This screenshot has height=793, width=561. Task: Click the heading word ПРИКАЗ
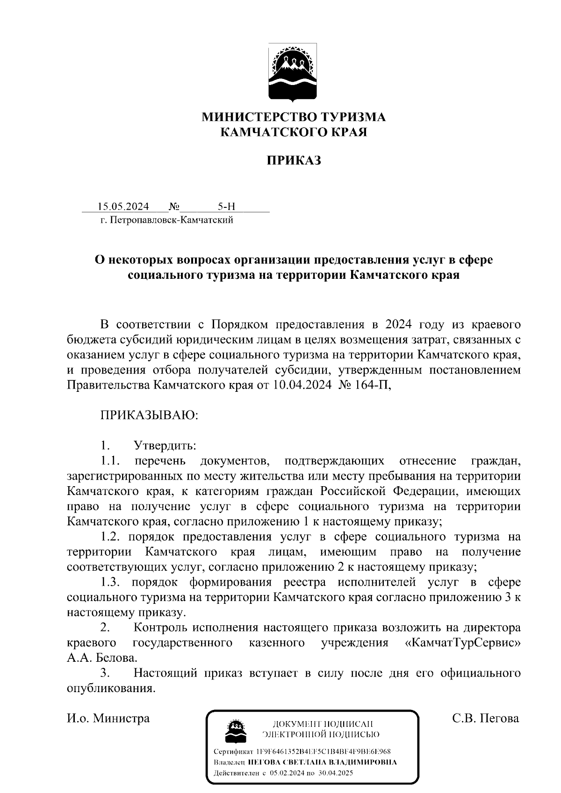point(294,161)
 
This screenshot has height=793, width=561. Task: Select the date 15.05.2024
point(123,206)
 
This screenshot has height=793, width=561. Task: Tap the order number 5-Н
point(226,206)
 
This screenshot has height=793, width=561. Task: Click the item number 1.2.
point(111,537)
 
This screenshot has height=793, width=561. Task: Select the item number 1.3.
point(111,582)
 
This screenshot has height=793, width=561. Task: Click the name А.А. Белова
point(102,658)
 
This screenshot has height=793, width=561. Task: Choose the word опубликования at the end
point(111,688)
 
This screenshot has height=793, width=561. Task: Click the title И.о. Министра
point(108,718)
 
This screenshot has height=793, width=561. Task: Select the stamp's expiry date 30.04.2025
point(335,773)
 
